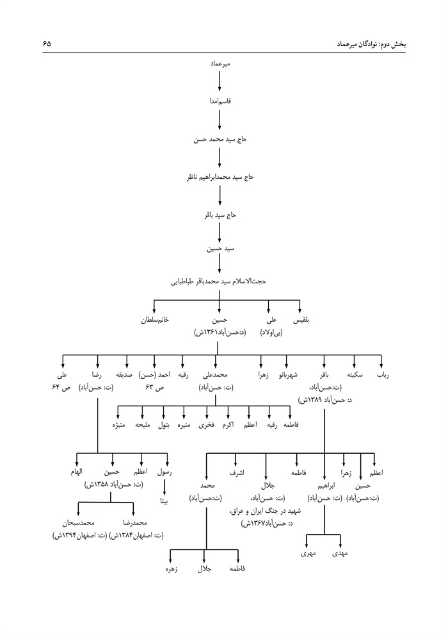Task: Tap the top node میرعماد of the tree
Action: tap(220, 65)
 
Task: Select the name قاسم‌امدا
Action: tap(220, 101)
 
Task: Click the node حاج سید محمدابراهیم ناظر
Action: tap(220, 176)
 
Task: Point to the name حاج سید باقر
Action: tap(220, 215)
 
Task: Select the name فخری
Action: tap(206, 424)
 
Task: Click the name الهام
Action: tap(77, 472)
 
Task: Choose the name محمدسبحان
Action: tap(79, 522)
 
